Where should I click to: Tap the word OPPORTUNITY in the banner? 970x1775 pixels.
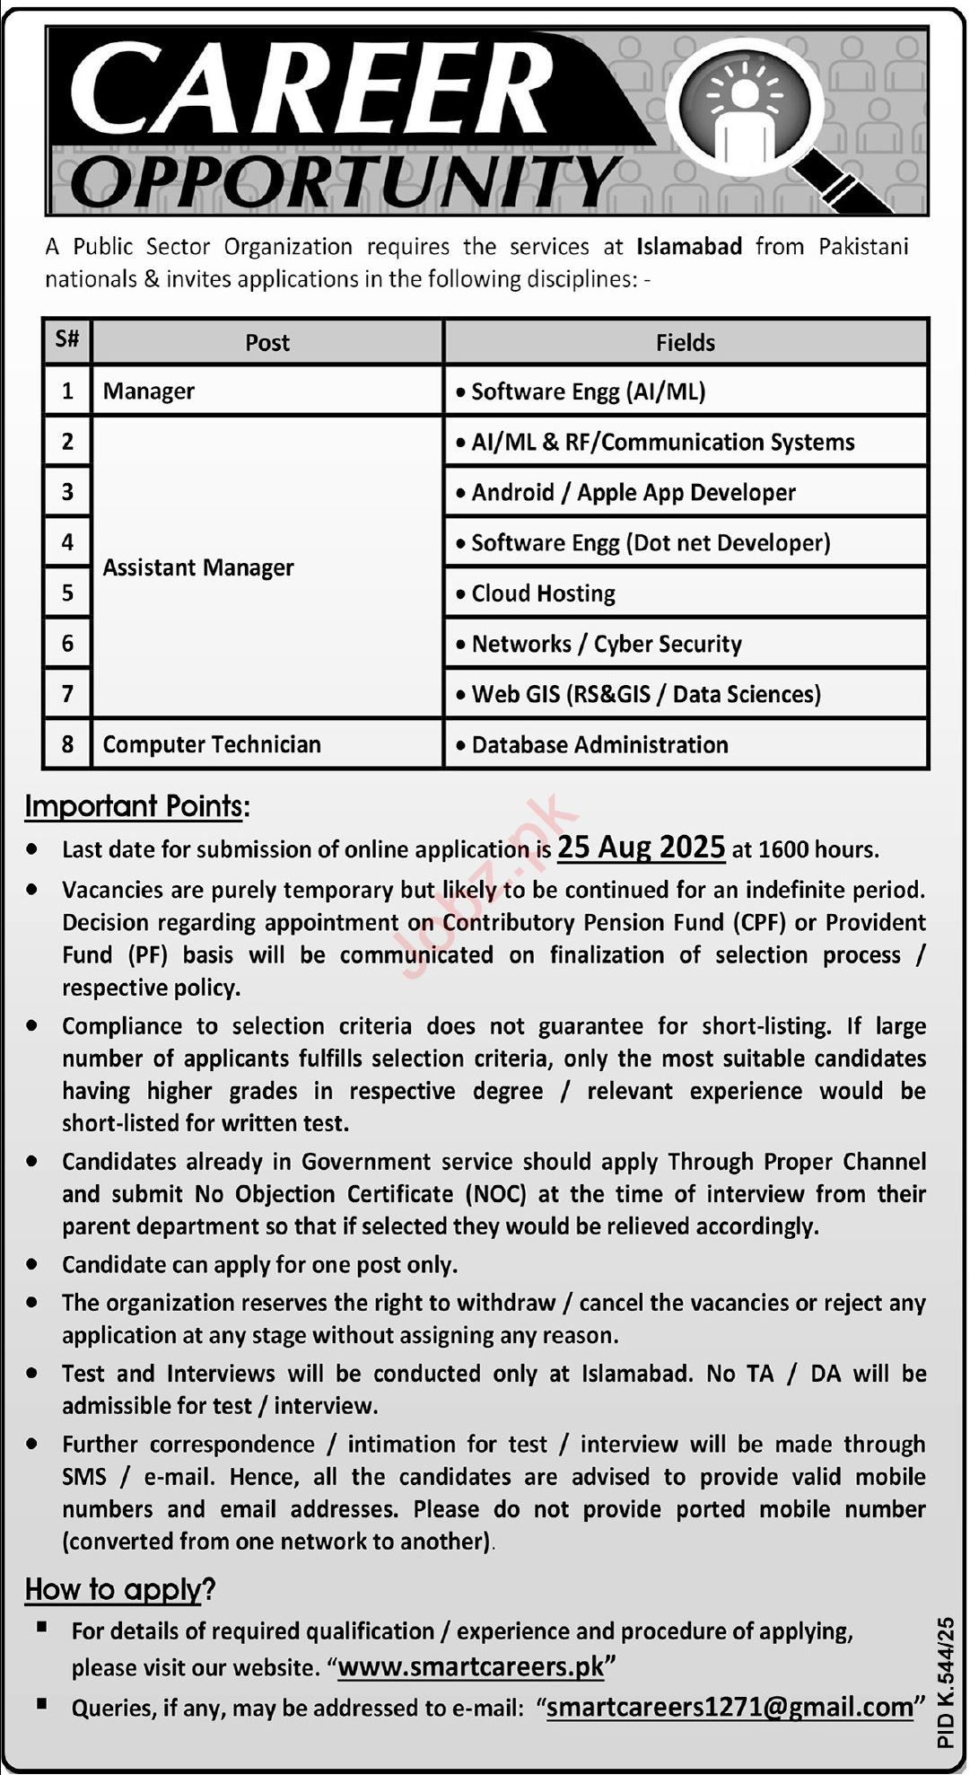[345, 180]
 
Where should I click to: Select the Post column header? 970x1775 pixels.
[267, 343]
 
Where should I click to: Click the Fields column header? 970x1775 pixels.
[686, 343]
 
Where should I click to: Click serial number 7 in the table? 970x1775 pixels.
[67, 694]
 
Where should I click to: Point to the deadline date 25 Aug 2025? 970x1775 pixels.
[641, 848]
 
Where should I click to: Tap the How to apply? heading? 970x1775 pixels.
[120, 1590]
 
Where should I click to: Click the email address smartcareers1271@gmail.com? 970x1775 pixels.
[730, 1707]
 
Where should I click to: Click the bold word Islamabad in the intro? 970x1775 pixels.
[689, 247]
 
